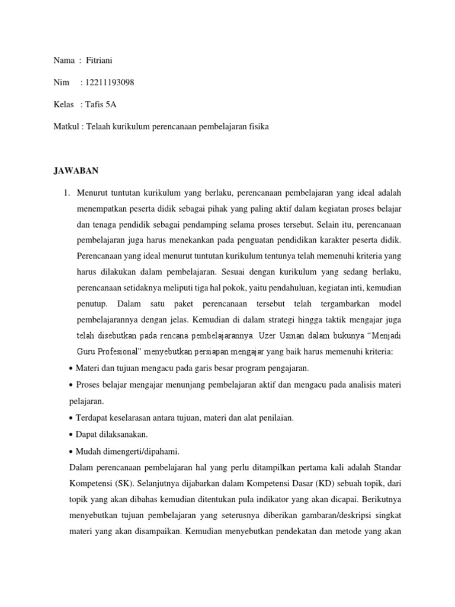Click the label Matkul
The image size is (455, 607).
pyautogui.click(x=65, y=127)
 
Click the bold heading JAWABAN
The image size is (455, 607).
pyautogui.click(x=76, y=171)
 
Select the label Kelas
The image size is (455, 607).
pyautogui.click(x=63, y=104)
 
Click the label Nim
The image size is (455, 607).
pyautogui.click(x=61, y=82)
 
